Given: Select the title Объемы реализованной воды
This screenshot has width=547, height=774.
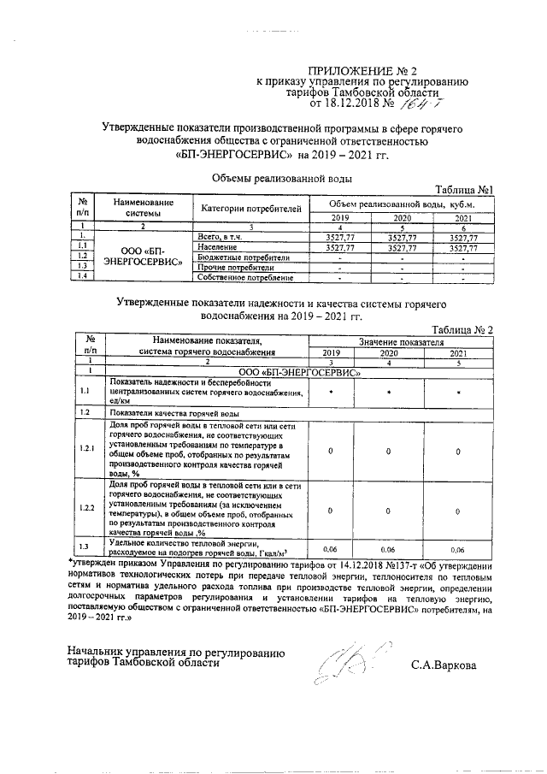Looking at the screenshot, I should coord(282,179).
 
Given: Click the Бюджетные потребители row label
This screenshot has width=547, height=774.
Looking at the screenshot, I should coord(244,257).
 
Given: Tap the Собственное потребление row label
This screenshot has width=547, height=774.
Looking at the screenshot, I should coord(245,277).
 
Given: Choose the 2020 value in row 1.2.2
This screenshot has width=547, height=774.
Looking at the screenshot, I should coord(386,511).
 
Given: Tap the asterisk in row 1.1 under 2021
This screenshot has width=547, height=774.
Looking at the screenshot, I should coord(458,391).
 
